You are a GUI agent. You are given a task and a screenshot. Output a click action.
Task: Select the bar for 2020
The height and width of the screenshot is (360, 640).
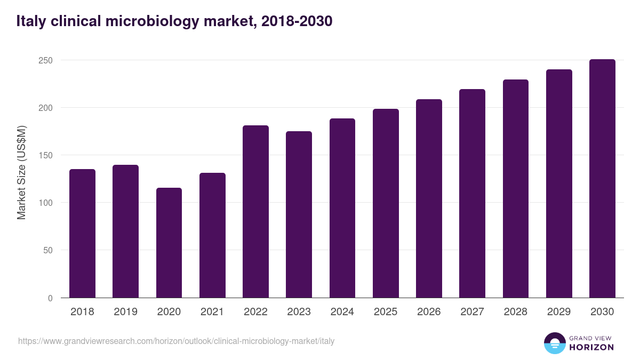coord(169,243)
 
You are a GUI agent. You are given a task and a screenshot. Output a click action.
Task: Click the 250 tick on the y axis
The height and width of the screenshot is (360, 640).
coord(45,60)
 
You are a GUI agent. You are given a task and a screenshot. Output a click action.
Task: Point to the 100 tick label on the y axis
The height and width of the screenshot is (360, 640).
coord(45,203)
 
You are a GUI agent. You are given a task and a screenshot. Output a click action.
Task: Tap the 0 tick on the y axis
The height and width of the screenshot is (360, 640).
coord(50,298)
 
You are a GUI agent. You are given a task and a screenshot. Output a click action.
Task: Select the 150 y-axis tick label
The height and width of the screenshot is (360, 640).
coord(45,155)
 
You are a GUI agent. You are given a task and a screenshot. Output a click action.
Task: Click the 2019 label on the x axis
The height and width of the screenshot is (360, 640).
coord(125,312)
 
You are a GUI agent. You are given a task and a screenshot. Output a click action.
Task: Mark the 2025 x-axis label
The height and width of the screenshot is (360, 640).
coord(386,312)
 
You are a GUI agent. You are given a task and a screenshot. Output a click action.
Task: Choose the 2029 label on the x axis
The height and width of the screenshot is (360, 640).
coord(559,312)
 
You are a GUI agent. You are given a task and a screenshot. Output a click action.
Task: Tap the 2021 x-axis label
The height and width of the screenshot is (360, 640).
coord(212,312)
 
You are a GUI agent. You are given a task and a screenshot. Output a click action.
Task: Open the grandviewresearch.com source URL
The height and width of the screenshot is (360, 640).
coord(176,341)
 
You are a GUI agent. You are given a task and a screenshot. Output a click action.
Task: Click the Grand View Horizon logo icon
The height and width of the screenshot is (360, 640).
coord(554,343)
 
